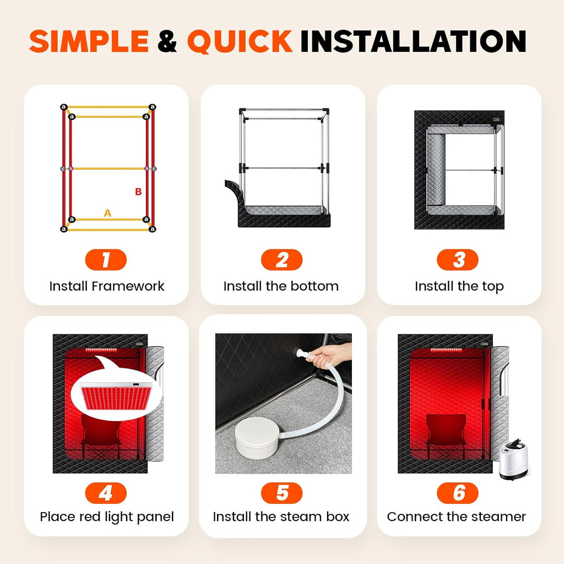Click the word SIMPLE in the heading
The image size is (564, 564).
tap(89, 41)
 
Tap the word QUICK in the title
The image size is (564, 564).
tap(240, 41)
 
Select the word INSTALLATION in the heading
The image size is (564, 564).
tap(413, 41)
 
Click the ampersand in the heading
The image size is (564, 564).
tap(167, 41)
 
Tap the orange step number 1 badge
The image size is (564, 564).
tap(106, 260)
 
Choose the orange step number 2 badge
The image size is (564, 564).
tap(281, 260)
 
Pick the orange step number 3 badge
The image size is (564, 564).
tap(458, 260)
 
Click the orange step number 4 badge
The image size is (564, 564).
tap(106, 493)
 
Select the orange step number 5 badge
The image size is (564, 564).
tap(281, 493)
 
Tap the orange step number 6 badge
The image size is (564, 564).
tap(458, 493)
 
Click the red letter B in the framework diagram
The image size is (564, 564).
tap(138, 192)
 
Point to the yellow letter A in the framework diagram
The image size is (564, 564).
tap(107, 213)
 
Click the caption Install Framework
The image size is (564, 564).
tap(107, 286)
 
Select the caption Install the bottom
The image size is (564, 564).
tap(281, 286)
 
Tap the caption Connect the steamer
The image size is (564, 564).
tap(457, 517)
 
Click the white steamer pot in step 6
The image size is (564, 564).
tap(514, 460)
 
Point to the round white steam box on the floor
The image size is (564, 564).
tap(257, 437)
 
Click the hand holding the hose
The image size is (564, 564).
tap(332, 355)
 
